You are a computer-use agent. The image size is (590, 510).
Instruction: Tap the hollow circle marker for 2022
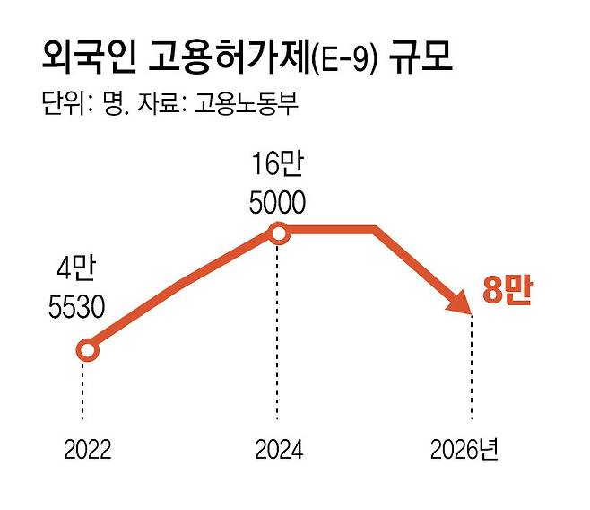[x=87, y=350]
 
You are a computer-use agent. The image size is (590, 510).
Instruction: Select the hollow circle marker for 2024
[x=278, y=234]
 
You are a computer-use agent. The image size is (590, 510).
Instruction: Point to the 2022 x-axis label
[x=87, y=450]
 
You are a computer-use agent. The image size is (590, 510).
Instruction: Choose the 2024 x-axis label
[x=278, y=450]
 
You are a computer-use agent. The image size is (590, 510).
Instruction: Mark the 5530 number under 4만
[x=77, y=306]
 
